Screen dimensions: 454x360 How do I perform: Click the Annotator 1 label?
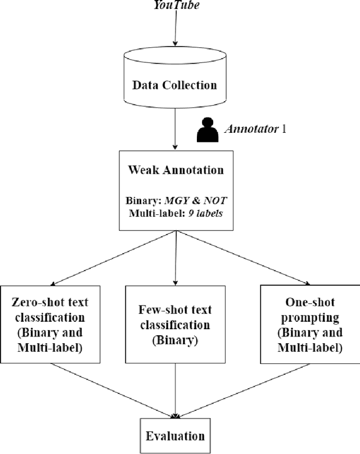[x=255, y=129]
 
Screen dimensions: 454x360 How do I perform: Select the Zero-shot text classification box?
[x=50, y=325]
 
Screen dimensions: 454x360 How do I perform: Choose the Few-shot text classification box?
[x=174, y=325]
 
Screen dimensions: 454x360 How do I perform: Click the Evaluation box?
[x=175, y=435]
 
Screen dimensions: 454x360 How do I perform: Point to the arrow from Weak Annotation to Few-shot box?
[x=176, y=258]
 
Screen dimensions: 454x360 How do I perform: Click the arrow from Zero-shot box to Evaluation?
[x=112, y=390]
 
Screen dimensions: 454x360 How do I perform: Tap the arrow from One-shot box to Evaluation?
[x=242, y=390]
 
